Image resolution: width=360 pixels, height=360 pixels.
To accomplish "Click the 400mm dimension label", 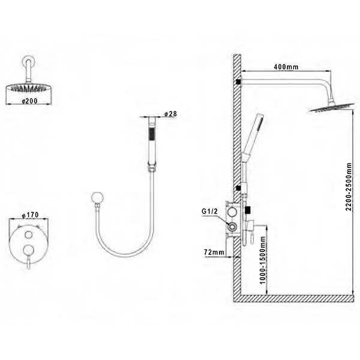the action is pos(286,67).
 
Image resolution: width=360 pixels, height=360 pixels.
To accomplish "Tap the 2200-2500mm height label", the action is pos(349,187).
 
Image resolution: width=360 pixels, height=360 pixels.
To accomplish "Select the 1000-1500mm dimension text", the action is pos(262,260).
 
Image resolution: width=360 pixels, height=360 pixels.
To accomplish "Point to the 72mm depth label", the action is pos(214,252).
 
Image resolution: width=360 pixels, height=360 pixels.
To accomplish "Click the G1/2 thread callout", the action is pos(209,211).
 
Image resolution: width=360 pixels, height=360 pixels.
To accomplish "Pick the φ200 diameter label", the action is pos(29,101).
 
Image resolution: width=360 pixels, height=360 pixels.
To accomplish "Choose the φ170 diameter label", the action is pos(30,215).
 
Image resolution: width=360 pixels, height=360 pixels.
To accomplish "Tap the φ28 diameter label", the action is pos(171,114).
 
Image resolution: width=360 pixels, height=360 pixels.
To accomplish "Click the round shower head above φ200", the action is pos(29,88).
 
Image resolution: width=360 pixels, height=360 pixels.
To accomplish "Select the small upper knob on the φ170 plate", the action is pos(29,235).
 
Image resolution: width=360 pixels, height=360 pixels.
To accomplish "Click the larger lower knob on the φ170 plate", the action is pos(29,250).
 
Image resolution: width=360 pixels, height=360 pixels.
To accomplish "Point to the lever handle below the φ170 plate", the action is pos(28,262).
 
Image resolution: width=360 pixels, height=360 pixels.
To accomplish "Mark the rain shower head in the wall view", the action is pos(331,107).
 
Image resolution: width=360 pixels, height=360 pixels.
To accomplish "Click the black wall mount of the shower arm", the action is pos(238,81).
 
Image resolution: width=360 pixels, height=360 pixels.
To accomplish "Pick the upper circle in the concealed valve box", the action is pos(232,212).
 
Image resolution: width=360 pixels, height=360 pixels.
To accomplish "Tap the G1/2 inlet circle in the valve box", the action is pos(232,227).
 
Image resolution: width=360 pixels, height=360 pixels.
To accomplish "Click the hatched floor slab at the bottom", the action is pos(293,298).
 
